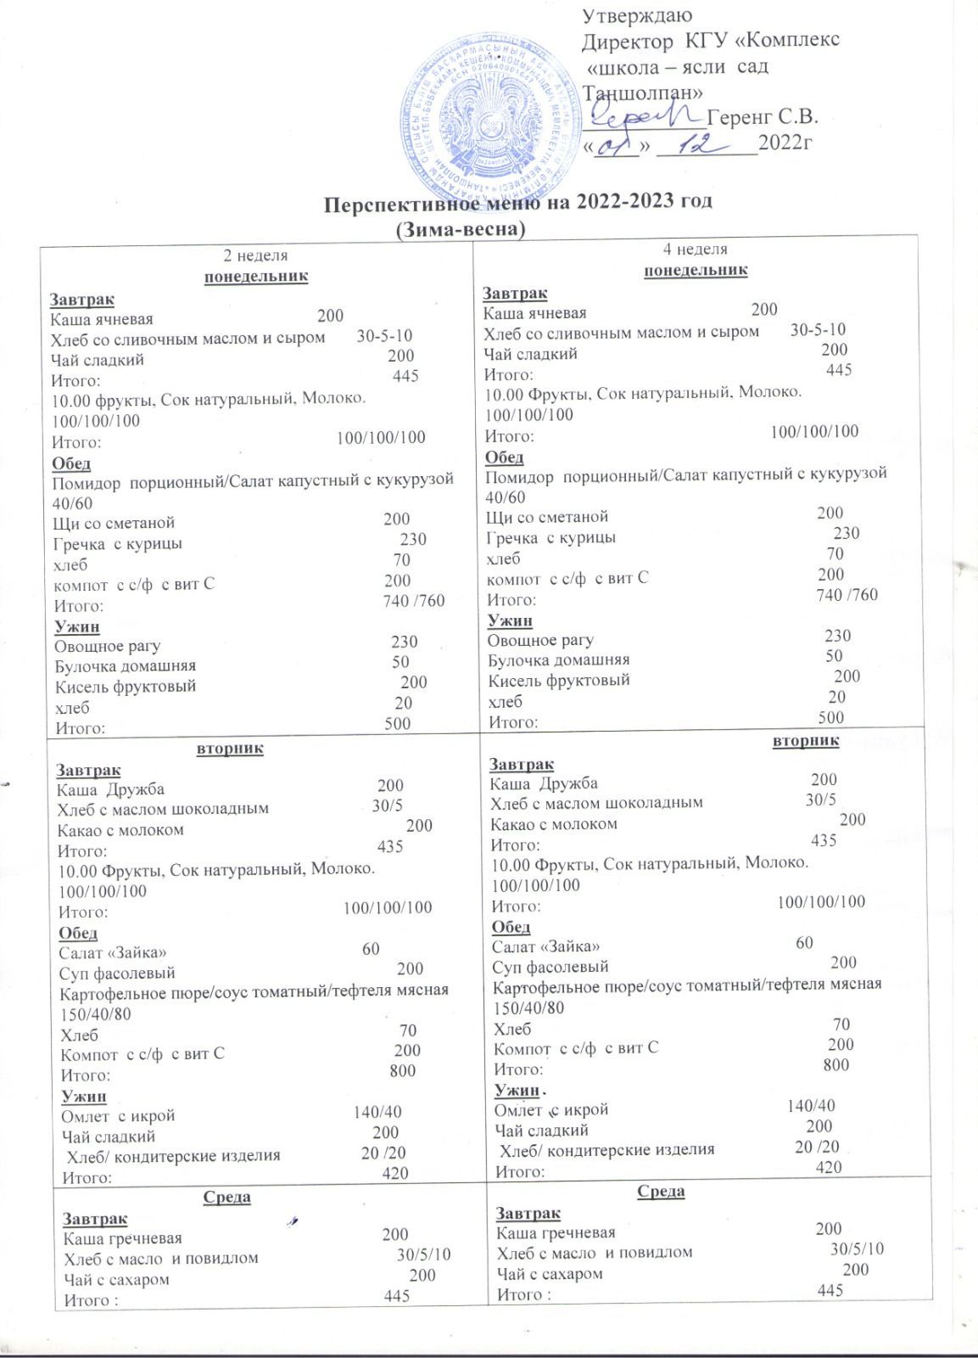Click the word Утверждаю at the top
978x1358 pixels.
[x=638, y=15]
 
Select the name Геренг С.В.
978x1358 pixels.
[x=763, y=117]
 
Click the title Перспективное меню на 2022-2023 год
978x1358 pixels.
[x=519, y=201]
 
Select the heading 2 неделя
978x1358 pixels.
[x=255, y=255]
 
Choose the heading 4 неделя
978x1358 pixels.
[x=696, y=250]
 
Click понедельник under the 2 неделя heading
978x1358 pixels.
[x=256, y=276]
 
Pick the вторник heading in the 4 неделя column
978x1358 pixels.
[x=806, y=740]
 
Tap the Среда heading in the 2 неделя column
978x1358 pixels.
[x=227, y=1197]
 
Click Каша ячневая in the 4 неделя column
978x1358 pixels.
[x=534, y=313]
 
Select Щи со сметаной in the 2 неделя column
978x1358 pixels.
[x=114, y=523]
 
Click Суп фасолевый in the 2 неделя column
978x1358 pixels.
[x=117, y=973]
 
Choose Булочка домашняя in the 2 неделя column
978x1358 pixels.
[x=125, y=665]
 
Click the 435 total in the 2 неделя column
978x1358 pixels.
[x=390, y=846]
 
